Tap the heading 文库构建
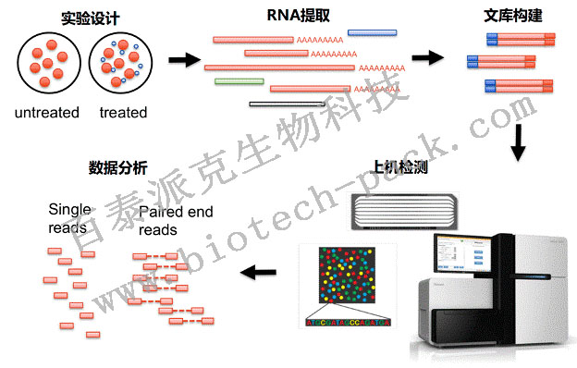pyautogui.click(x=510, y=17)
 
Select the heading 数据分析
pyautogui.click(x=117, y=168)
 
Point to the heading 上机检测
pyautogui.click(x=399, y=168)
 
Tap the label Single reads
pyautogui.click(x=69, y=217)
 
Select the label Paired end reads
pyautogui.click(x=176, y=221)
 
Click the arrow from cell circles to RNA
pyautogui.click(x=186, y=61)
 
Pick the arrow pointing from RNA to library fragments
pyautogui.click(x=426, y=57)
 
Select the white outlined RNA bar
pyautogui.click(x=286, y=104)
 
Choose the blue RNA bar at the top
pyautogui.click(x=373, y=33)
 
